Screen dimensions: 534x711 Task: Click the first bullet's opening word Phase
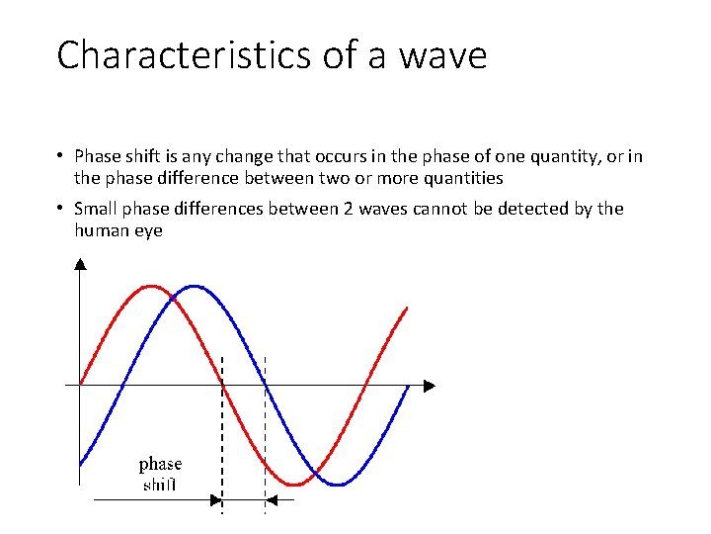(x=97, y=156)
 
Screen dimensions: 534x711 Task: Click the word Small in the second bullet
(x=97, y=209)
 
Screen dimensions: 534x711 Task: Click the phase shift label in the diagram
(x=160, y=474)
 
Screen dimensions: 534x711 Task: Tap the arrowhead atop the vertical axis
(x=80, y=263)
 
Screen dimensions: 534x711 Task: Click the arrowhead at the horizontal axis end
(x=428, y=385)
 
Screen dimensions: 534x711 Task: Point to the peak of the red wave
(x=150, y=287)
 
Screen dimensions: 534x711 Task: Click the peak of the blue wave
(x=195, y=287)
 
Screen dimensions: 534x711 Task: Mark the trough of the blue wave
(x=337, y=484)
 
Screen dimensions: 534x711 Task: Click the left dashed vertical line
(x=222, y=435)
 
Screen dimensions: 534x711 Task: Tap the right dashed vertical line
(x=265, y=435)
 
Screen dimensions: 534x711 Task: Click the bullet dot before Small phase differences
(x=60, y=209)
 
